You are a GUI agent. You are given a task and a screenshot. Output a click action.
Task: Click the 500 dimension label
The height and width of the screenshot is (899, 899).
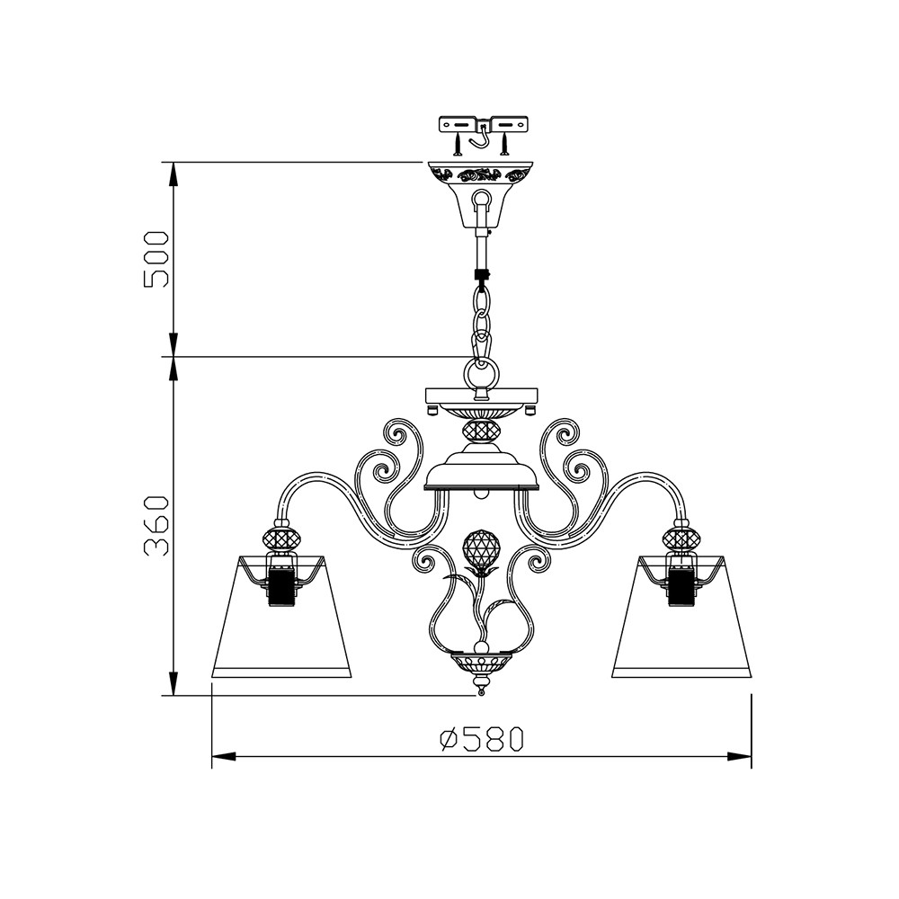point(156,259)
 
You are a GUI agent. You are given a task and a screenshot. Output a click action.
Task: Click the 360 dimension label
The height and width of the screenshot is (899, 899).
point(156,526)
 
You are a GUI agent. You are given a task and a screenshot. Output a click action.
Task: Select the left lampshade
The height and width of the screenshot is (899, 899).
point(281,617)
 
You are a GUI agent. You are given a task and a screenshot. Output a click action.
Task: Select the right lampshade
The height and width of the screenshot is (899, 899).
point(681,617)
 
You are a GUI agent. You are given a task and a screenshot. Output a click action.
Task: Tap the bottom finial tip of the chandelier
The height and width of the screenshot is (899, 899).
point(481,692)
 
